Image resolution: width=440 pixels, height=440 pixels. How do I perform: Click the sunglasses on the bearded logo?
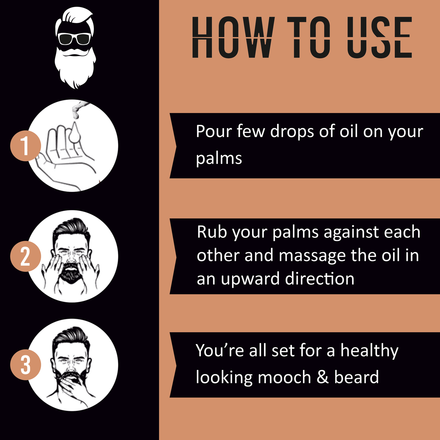pyautogui.click(x=74, y=39)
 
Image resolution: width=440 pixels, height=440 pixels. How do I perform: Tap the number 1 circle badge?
pyautogui.click(x=25, y=146)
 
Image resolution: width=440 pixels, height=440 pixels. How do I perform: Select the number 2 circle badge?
pyautogui.click(x=25, y=256)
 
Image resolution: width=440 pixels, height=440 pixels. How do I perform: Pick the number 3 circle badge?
pyautogui.click(x=25, y=365)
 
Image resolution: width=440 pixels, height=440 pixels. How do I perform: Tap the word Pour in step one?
pyautogui.click(x=214, y=132)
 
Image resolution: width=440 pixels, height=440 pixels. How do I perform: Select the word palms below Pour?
pyautogui.click(x=219, y=159)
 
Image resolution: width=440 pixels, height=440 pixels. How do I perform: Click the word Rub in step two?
pyautogui.click(x=212, y=232)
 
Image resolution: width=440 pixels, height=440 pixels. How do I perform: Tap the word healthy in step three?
pyautogui.click(x=369, y=351)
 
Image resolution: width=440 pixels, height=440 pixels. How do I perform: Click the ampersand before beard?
pyautogui.click(x=322, y=377)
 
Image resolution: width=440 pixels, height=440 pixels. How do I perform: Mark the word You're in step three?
pyautogui.click(x=220, y=350)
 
